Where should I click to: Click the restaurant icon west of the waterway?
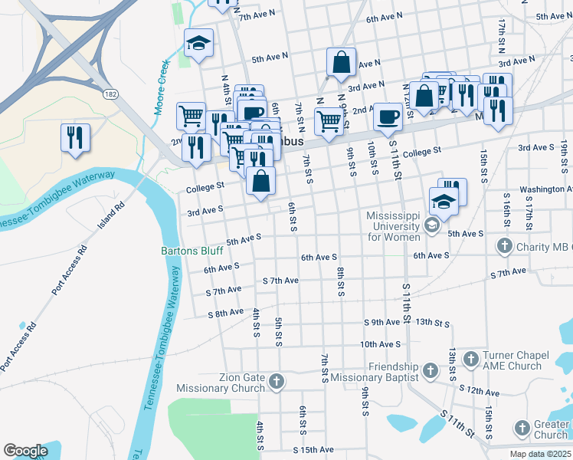(x=75, y=138)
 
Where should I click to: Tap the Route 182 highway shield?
(x=111, y=93)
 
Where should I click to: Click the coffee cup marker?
(x=388, y=117)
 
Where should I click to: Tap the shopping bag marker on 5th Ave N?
(x=341, y=63)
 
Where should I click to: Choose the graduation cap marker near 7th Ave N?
(x=199, y=43)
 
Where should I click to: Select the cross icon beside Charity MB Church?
(x=504, y=246)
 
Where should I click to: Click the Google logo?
(x=25, y=451)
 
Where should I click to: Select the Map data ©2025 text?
(x=539, y=454)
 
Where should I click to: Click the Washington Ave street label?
(x=545, y=189)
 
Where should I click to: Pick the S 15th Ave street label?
(x=313, y=449)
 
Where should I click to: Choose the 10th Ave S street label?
(x=381, y=345)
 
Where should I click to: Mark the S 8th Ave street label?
(x=225, y=314)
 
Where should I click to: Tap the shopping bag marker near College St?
(x=261, y=182)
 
